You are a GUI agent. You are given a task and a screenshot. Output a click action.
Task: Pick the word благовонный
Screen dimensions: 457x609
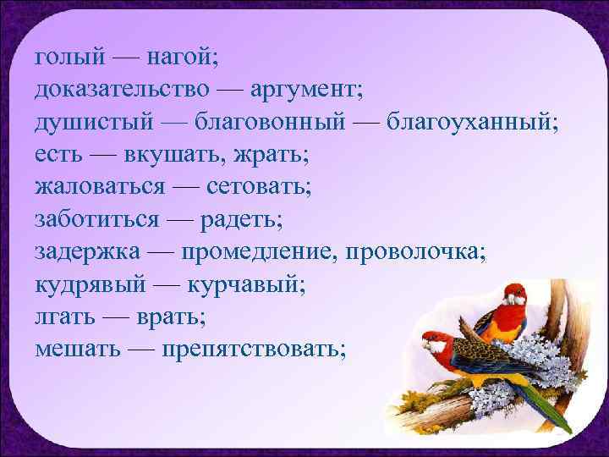coord(270,122)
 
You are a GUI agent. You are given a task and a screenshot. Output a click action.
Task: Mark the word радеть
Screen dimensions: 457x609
coord(241,218)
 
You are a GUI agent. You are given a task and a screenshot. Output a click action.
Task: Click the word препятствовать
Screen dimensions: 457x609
coord(254,347)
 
